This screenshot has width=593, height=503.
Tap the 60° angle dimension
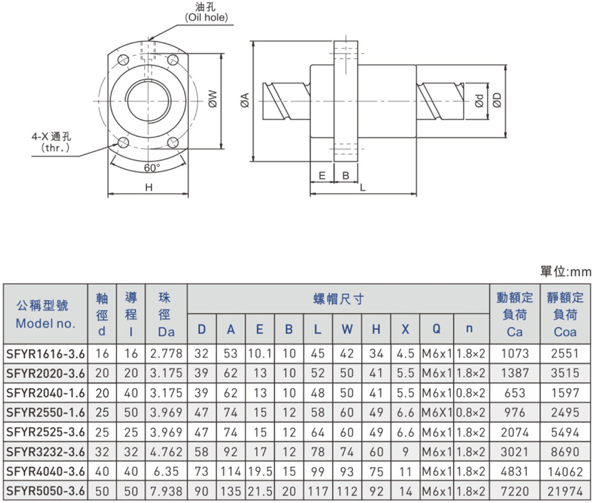click(x=152, y=168)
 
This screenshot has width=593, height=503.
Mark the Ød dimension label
click(x=479, y=100)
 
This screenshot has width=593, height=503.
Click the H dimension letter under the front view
click(x=148, y=188)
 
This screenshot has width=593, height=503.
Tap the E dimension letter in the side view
click(x=322, y=175)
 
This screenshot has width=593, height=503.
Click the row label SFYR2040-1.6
click(x=46, y=392)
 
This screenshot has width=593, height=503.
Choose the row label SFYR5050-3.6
click(x=46, y=491)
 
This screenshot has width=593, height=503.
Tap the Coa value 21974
click(x=566, y=491)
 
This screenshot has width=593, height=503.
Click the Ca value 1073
click(x=514, y=353)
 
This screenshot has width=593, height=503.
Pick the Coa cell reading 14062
click(x=566, y=472)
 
